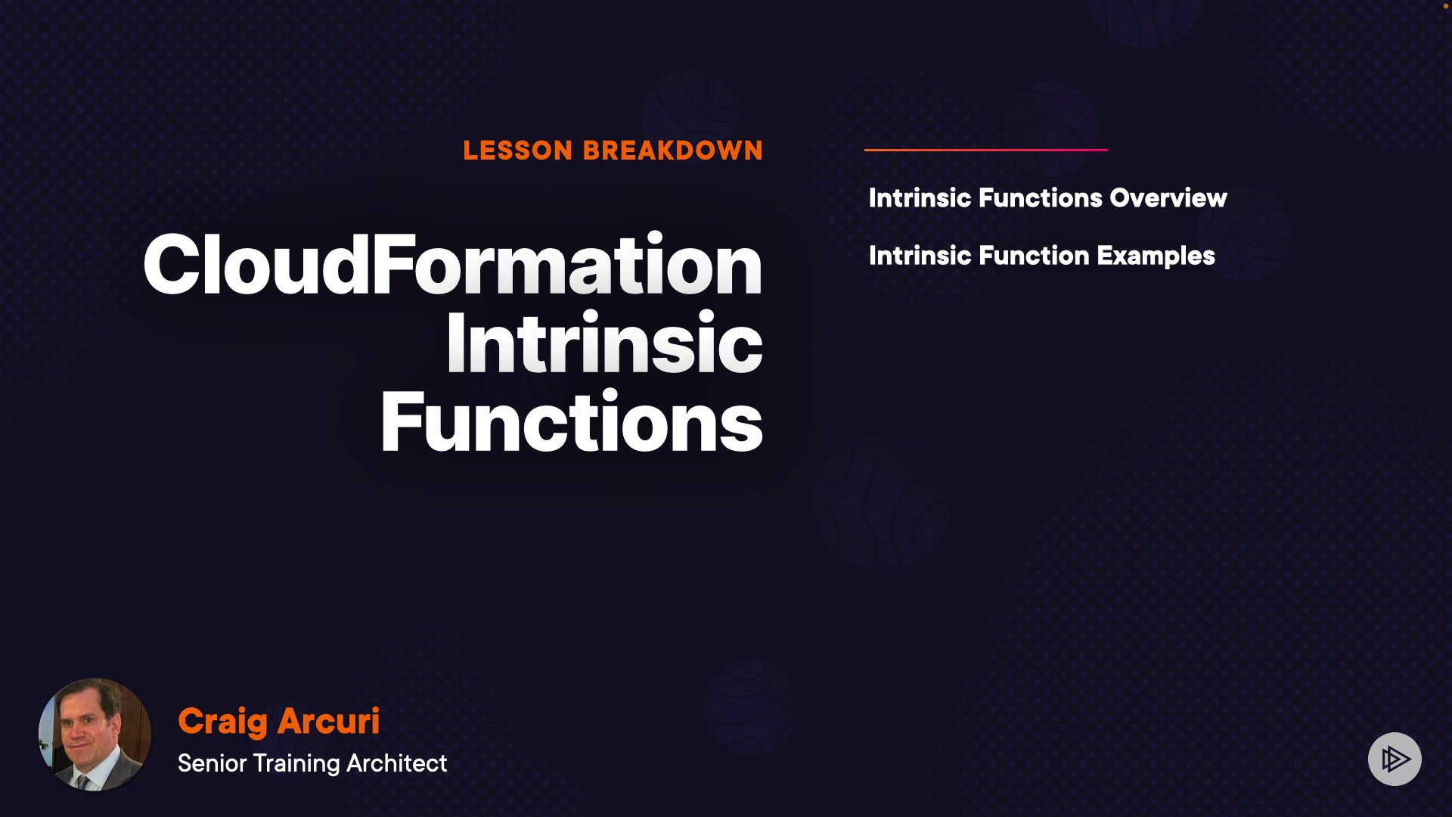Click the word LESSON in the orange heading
point(518,151)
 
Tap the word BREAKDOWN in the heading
point(673,151)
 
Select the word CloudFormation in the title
point(453,264)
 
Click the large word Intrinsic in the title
point(605,343)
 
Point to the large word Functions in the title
point(572,421)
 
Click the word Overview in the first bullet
point(1168,198)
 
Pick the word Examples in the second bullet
point(1156,256)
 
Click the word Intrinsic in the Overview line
point(920,198)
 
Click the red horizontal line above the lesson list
point(986,150)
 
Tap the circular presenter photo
point(95,735)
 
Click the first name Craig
point(223,722)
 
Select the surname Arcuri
point(329,721)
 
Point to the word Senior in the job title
point(213,763)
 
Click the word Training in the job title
point(296,764)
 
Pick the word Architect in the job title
point(397,763)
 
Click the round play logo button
point(1395,759)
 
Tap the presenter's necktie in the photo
point(82,781)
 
